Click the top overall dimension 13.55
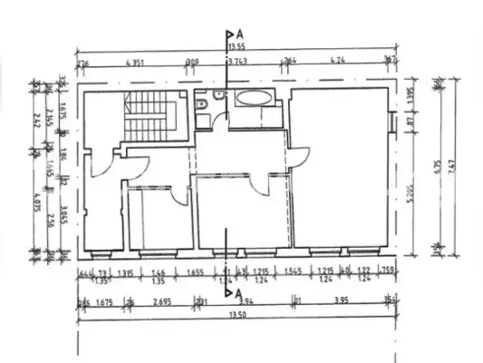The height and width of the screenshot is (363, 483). [x=237, y=45]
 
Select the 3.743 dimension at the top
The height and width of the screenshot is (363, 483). [x=237, y=63]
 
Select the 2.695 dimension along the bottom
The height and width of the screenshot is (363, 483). [x=163, y=302]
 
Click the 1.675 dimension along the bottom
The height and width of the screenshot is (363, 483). [x=101, y=302]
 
